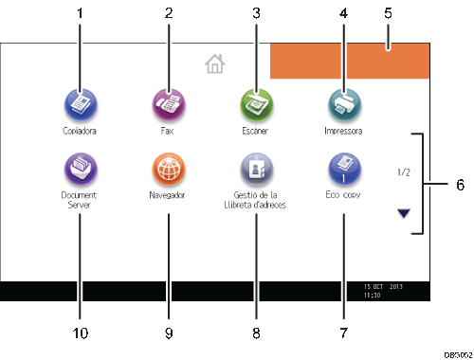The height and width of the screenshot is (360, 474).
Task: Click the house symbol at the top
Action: (215, 64)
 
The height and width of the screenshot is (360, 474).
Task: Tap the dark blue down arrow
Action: (406, 212)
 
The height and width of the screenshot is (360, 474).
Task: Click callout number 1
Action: (80, 14)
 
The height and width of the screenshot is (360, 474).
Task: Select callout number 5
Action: (388, 14)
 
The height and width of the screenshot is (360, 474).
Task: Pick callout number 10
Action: (80, 334)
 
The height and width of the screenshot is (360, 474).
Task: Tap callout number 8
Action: (255, 334)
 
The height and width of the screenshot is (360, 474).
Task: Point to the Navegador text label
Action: (167, 196)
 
